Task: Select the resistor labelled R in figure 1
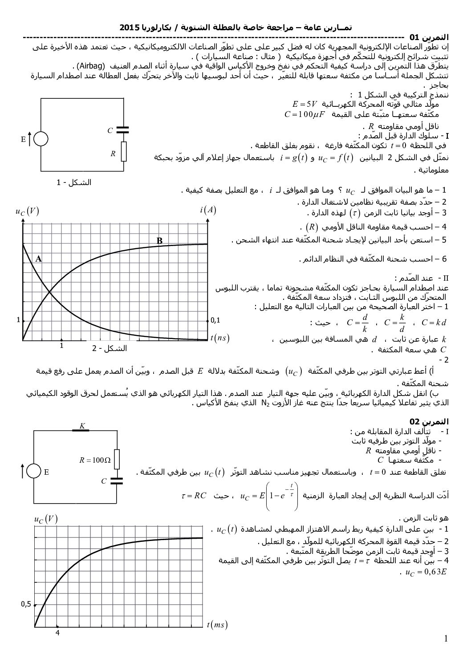click(x=123, y=151)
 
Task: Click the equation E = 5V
click(x=305, y=104)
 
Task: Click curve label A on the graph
click(x=39, y=258)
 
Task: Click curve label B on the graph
click(x=159, y=241)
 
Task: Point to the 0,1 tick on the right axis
click(x=215, y=320)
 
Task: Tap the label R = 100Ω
click(x=95, y=460)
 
